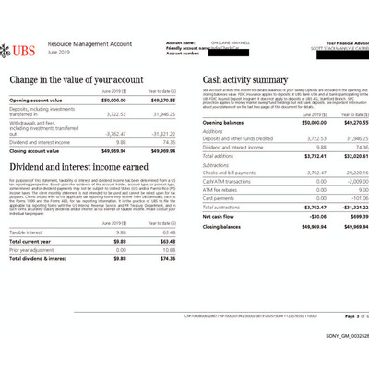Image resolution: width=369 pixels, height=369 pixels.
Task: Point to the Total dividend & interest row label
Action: tap(42, 258)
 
